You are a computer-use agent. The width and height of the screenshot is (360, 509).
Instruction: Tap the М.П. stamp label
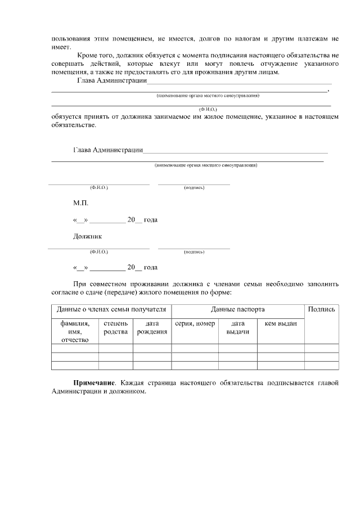coord(80,203)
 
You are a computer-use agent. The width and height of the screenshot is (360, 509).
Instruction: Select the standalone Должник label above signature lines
coord(88,236)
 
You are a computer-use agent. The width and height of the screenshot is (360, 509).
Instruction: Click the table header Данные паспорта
coord(238,309)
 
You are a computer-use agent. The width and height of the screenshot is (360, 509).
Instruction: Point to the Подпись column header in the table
coord(322,309)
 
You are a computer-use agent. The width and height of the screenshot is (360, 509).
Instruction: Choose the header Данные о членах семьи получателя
coord(111,309)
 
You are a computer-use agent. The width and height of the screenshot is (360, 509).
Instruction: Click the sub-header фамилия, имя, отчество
coord(75,332)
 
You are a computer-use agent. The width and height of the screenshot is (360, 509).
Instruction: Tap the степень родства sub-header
coord(116,328)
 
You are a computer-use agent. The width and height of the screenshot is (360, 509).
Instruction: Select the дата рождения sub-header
coord(152,328)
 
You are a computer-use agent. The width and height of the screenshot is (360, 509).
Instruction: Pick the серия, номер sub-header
coord(195,324)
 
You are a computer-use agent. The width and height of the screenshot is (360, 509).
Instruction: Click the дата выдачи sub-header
coord(237,328)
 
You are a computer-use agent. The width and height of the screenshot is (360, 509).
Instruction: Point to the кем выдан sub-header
coord(281,324)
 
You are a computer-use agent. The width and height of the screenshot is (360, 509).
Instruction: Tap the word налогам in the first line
coord(248,39)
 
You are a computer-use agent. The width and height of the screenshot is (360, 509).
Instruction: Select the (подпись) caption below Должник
coord(194,253)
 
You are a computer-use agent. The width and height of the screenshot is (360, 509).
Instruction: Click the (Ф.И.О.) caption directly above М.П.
coord(99,187)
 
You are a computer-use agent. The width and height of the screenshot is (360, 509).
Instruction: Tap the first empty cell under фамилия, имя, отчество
coord(75,348)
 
